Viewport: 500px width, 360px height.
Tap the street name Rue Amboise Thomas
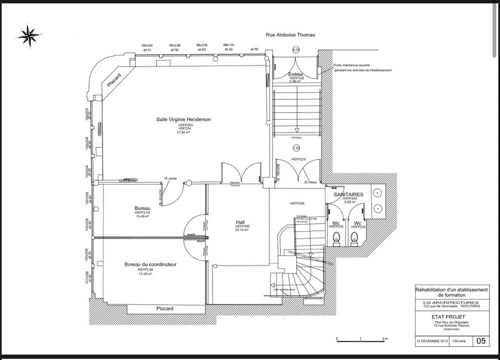pyautogui.click(x=289, y=35)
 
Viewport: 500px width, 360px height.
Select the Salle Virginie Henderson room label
pyautogui.click(x=183, y=119)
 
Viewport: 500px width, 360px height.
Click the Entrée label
pyautogui.click(x=296, y=74)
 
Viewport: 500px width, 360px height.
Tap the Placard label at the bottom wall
pyautogui.click(x=164, y=308)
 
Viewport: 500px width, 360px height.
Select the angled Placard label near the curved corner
pyautogui.click(x=114, y=81)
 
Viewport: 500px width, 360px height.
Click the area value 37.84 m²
pyautogui.click(x=183, y=132)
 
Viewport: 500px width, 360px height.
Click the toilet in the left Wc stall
pyautogui.click(x=336, y=238)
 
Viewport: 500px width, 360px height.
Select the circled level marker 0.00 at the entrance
pyautogui.click(x=295, y=50)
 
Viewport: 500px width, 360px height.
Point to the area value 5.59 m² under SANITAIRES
pyautogui.click(x=349, y=202)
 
